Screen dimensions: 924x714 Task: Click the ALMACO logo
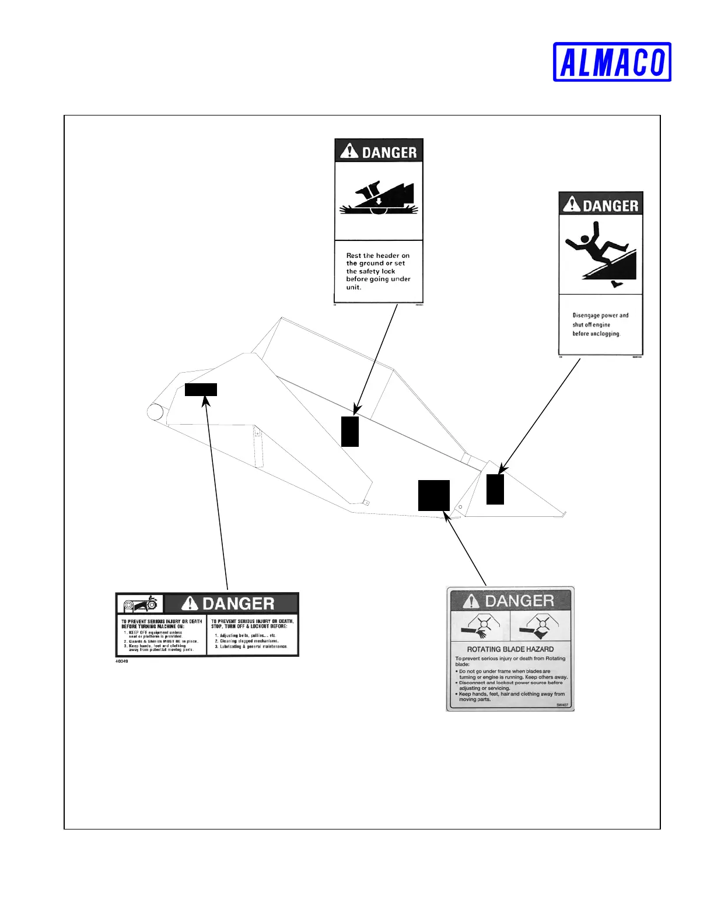tap(612, 62)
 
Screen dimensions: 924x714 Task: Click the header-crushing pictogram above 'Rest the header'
tap(379, 199)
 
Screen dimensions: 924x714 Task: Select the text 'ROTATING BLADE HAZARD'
tap(510, 649)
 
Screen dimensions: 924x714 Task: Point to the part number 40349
tap(122, 661)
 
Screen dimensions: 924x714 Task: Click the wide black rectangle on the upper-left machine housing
tap(201, 390)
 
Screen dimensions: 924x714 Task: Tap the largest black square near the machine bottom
tap(434, 495)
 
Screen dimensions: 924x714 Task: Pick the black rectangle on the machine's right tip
tap(495, 489)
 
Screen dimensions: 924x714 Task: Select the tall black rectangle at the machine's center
tap(350, 432)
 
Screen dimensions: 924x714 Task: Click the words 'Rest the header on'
tap(377, 256)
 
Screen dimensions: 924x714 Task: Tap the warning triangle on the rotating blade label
tap(471, 601)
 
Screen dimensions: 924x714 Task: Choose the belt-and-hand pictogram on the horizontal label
tap(140, 604)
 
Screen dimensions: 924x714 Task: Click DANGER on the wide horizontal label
tap(238, 604)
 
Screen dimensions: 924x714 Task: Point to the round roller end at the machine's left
tap(155, 412)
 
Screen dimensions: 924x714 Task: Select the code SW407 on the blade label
tap(562, 705)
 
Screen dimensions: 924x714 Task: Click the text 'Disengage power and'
tap(600, 315)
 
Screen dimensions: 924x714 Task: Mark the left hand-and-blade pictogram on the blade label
tap(480, 626)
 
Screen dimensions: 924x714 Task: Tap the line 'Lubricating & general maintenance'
tap(253, 646)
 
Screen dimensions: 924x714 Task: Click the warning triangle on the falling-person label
tap(572, 205)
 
